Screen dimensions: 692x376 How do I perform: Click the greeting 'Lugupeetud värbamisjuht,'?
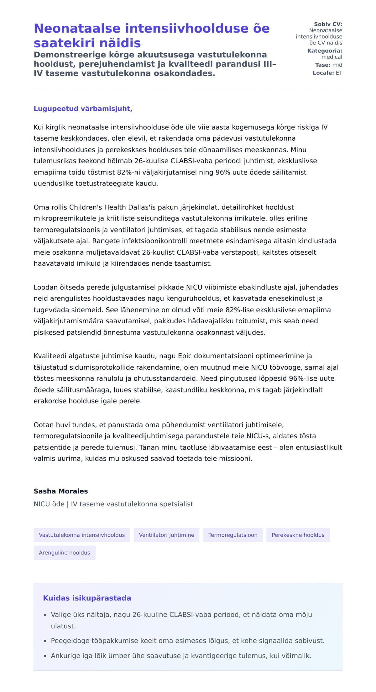83,109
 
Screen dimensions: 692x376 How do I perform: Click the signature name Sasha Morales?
61,491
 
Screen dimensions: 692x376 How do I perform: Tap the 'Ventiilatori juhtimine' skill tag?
166,535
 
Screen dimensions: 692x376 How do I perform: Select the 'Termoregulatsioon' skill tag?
233,535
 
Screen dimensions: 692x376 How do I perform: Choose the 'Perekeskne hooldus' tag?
298,535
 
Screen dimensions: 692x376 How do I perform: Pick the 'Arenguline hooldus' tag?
64,553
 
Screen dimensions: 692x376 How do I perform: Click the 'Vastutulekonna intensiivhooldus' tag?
82,535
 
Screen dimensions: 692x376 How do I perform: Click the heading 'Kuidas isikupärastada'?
87,598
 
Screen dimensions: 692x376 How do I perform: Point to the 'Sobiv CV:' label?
328,24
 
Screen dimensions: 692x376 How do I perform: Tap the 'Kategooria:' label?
325,51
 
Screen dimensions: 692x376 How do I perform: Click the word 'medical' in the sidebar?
332,57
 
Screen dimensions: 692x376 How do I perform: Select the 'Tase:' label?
323,65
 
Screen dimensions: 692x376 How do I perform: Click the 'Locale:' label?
323,73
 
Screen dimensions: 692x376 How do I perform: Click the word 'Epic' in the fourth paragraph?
185,356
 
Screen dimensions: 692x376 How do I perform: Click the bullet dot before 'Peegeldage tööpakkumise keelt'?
45,641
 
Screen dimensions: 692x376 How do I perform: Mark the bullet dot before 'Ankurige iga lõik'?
45,656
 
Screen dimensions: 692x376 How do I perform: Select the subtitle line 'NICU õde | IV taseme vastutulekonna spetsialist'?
113,504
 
